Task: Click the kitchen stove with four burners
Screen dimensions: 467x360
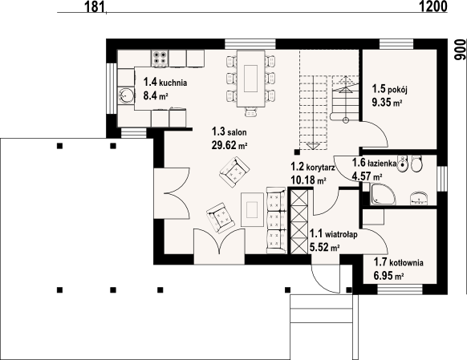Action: (x=160, y=58)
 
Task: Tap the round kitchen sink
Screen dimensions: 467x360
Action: (x=126, y=95)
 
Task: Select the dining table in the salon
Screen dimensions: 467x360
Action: (x=251, y=79)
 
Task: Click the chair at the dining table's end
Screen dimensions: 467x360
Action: (x=251, y=112)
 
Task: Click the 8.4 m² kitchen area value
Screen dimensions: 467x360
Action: (x=156, y=95)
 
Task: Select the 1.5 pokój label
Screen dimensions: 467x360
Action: (x=389, y=89)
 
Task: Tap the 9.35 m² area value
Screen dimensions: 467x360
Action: (x=387, y=103)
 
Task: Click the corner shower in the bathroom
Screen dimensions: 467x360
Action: (x=383, y=194)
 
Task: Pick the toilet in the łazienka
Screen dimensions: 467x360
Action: (x=416, y=164)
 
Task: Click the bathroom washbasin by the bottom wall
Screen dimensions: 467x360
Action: (x=419, y=199)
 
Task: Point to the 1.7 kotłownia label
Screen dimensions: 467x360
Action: (x=399, y=262)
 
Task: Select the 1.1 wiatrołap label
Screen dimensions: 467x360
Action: (x=334, y=234)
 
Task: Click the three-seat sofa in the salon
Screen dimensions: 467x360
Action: (x=276, y=220)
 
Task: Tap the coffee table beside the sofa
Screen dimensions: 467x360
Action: (x=252, y=209)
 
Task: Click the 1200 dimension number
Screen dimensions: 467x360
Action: (x=433, y=6)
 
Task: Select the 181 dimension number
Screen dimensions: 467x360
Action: (x=95, y=7)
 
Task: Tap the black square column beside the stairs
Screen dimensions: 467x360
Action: (x=297, y=152)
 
